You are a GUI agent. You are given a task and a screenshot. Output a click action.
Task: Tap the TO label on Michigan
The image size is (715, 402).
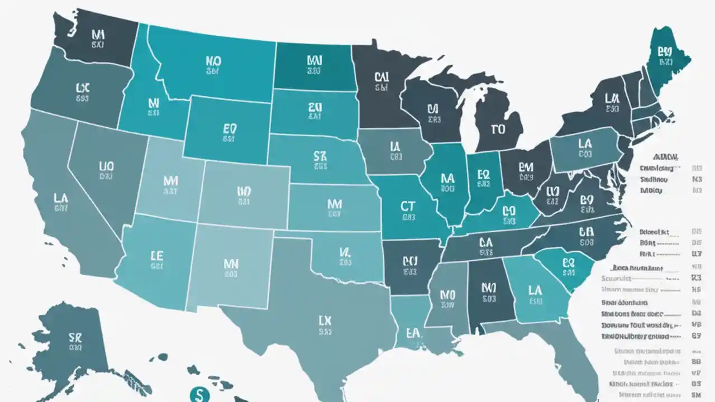[x=498, y=130]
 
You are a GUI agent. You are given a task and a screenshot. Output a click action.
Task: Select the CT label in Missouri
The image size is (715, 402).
[x=408, y=206]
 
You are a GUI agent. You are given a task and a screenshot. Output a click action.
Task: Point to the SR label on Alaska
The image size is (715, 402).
[x=75, y=338]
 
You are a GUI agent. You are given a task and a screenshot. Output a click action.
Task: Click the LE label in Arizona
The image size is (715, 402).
[x=157, y=256]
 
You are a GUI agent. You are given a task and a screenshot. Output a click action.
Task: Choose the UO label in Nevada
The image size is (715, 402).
[x=106, y=166]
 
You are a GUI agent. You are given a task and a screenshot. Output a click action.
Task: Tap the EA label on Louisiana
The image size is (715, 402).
[x=413, y=333]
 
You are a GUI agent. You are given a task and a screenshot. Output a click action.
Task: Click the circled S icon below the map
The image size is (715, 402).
[x=197, y=394]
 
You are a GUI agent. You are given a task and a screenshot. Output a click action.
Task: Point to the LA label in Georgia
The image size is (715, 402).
[x=535, y=290]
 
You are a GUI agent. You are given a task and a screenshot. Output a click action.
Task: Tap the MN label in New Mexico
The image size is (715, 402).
[x=231, y=263]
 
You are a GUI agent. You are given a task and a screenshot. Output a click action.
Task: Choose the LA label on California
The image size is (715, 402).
[x=61, y=198]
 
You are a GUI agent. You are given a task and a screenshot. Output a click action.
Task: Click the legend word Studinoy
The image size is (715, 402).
[x=654, y=180]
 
